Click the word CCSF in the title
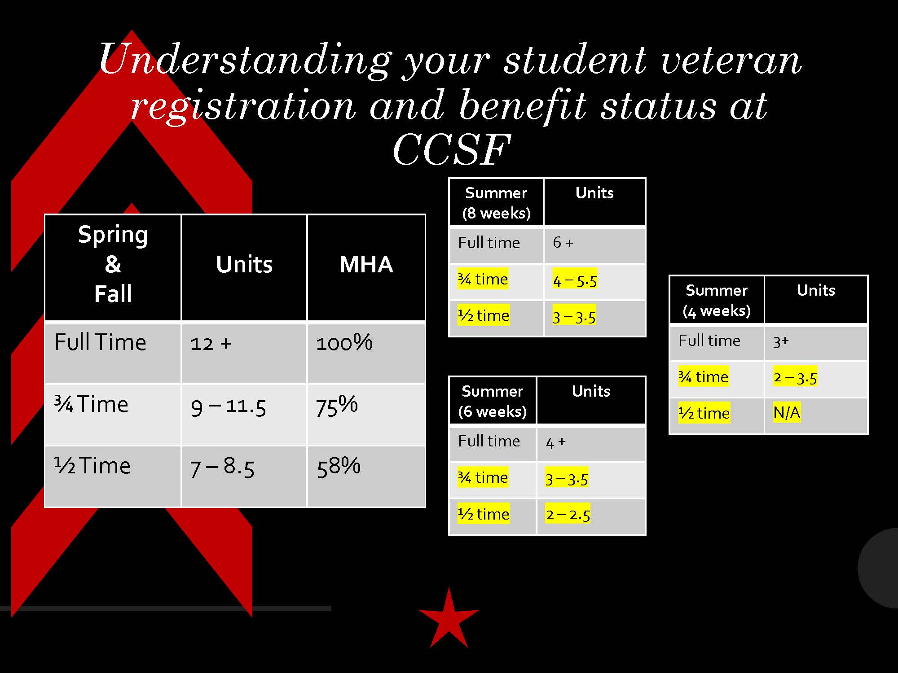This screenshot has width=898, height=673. point(452,150)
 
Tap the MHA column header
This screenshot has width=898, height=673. point(366,264)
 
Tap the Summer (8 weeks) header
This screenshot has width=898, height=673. point(496,203)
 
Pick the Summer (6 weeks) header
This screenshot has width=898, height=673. point(492,401)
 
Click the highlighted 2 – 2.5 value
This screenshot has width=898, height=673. point(568,514)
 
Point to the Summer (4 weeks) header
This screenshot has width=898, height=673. point(717,300)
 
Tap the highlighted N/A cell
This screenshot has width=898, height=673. point(787,412)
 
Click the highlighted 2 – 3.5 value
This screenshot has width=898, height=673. point(795,377)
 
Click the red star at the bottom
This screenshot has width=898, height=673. point(449,618)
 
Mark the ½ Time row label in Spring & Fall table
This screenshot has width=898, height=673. point(92,465)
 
